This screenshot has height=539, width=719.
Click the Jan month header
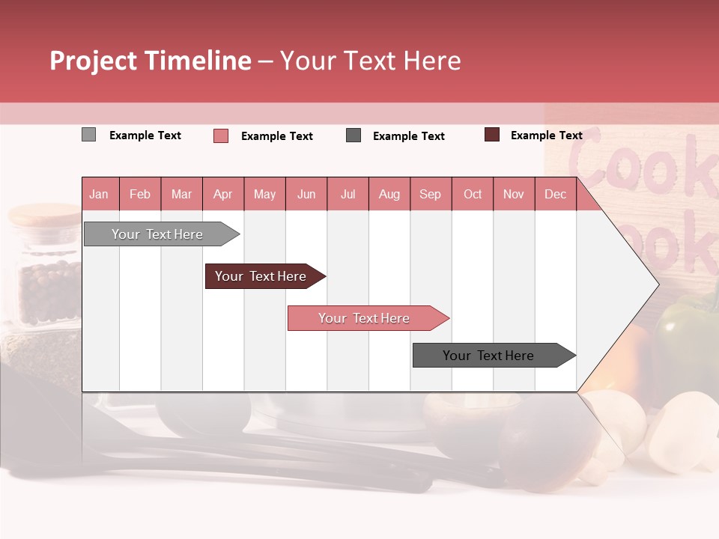point(99,195)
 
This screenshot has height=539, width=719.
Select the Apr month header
point(222,195)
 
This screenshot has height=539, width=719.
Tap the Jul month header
point(348,195)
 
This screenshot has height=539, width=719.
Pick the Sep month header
point(430,195)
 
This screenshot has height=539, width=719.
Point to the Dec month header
point(555,195)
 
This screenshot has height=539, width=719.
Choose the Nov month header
point(513,195)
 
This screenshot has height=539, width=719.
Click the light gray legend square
point(88,135)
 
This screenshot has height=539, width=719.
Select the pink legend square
point(220,135)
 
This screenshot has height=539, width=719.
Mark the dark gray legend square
point(354,135)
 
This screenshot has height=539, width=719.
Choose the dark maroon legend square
point(491,135)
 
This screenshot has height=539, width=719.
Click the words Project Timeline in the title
point(150,61)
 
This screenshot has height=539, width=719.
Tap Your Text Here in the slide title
point(370,61)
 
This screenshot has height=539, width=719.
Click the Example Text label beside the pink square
point(276,136)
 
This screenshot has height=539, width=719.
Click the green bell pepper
point(685,326)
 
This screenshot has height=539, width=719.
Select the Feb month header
point(140,195)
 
